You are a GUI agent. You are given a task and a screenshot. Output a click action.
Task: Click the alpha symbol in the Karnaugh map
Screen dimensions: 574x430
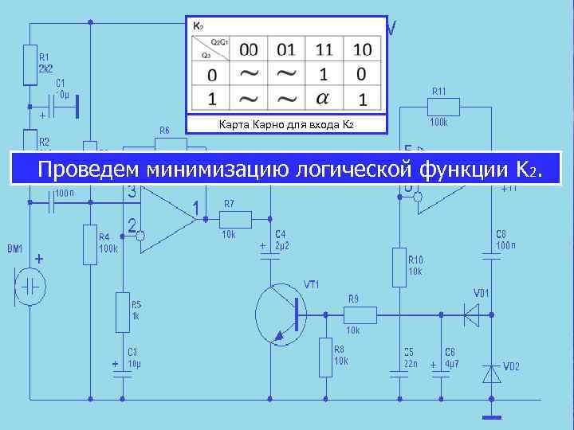322,99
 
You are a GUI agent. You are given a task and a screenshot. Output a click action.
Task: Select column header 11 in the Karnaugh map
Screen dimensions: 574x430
324,49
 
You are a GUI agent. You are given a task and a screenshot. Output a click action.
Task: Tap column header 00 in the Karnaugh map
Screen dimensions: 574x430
249,49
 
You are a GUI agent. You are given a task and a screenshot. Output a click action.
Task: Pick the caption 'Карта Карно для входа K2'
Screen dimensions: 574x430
285,125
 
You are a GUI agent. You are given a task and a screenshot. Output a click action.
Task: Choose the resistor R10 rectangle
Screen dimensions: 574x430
400,266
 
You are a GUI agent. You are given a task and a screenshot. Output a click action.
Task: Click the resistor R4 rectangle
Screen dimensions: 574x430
89,244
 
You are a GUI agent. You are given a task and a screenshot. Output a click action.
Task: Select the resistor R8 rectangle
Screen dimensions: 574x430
326,357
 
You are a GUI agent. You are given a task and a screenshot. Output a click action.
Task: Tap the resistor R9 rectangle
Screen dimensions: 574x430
362,315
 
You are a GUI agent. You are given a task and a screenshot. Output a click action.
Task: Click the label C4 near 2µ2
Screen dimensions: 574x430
280,233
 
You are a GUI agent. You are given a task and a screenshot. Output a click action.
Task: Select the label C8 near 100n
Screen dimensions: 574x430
501,233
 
